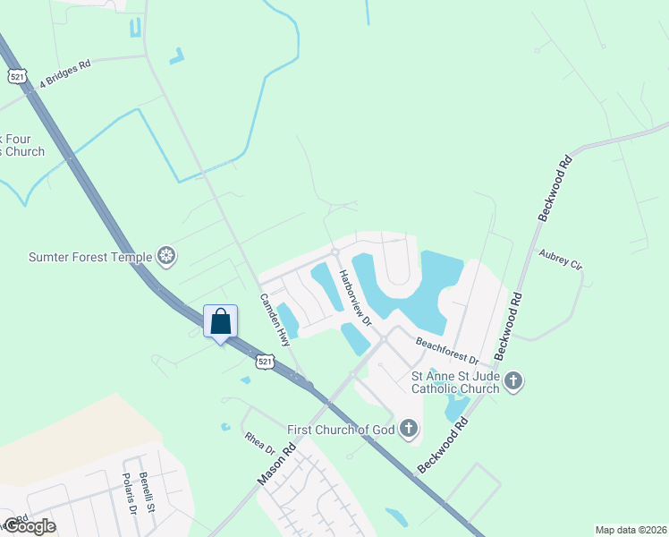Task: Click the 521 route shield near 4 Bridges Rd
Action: (x=17, y=77)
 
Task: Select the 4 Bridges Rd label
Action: (x=59, y=75)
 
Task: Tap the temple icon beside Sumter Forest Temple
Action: (x=166, y=258)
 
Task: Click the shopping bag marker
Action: (x=221, y=322)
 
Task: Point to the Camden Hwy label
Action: (x=275, y=320)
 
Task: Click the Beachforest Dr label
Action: (x=447, y=350)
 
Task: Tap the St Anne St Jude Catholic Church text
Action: (x=454, y=383)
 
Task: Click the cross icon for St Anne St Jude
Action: (x=513, y=381)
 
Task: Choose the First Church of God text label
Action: (x=341, y=430)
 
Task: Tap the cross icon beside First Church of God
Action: (x=408, y=429)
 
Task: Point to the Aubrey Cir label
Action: (x=561, y=260)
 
